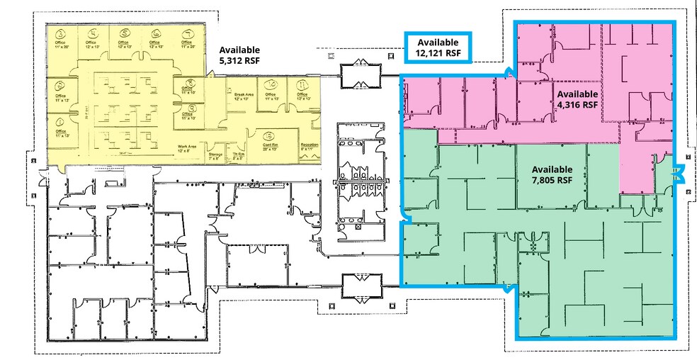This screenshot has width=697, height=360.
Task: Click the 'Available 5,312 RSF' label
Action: (x=239, y=55)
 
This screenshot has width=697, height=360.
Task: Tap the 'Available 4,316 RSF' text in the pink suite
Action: (x=578, y=99)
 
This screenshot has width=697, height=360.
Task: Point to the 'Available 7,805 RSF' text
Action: (x=552, y=174)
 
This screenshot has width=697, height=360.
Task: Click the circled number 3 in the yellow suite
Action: (x=62, y=33)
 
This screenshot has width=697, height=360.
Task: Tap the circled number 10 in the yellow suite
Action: (x=271, y=85)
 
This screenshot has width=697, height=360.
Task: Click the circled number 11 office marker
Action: (x=302, y=86)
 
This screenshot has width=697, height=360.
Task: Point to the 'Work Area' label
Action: (x=187, y=147)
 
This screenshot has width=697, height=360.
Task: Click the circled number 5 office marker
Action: (x=125, y=33)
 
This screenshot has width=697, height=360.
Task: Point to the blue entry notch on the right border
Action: (x=677, y=173)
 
